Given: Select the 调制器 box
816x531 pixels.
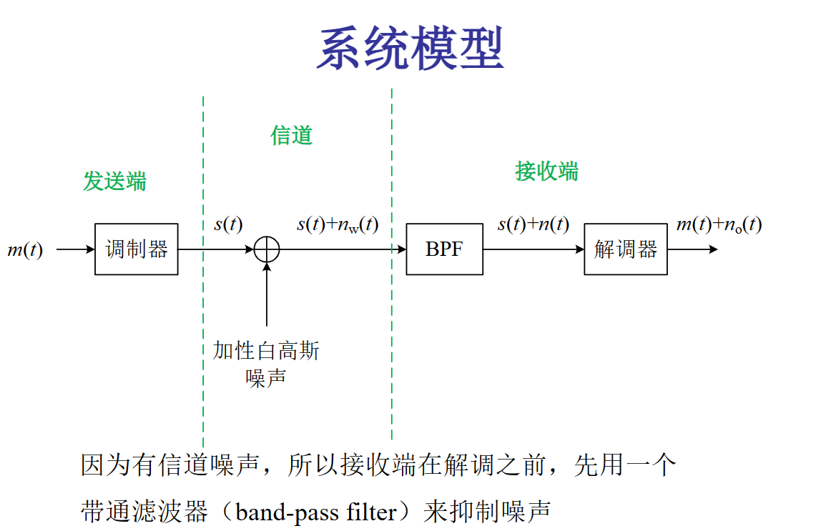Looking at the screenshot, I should (136, 249).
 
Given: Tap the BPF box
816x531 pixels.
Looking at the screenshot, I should (444, 249).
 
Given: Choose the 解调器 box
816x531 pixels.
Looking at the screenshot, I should (625, 249).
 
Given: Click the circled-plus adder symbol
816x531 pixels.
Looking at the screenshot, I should (267, 249).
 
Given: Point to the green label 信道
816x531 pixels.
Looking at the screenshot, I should (291, 135).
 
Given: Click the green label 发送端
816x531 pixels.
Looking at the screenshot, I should (114, 182).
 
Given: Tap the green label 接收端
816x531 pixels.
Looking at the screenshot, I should (546, 172).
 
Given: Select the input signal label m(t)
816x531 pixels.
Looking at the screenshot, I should (25, 250).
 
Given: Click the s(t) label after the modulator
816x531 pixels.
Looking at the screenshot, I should (228, 224).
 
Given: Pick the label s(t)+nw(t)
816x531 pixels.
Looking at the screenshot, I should (338, 225).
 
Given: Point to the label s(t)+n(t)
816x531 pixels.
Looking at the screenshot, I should (533, 225).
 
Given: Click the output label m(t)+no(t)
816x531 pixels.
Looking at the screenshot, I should (719, 225).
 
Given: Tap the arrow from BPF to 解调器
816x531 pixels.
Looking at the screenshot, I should (533, 249).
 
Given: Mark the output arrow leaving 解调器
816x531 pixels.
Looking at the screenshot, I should (692, 249).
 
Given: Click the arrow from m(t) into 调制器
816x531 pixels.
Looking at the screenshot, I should (75, 249).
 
